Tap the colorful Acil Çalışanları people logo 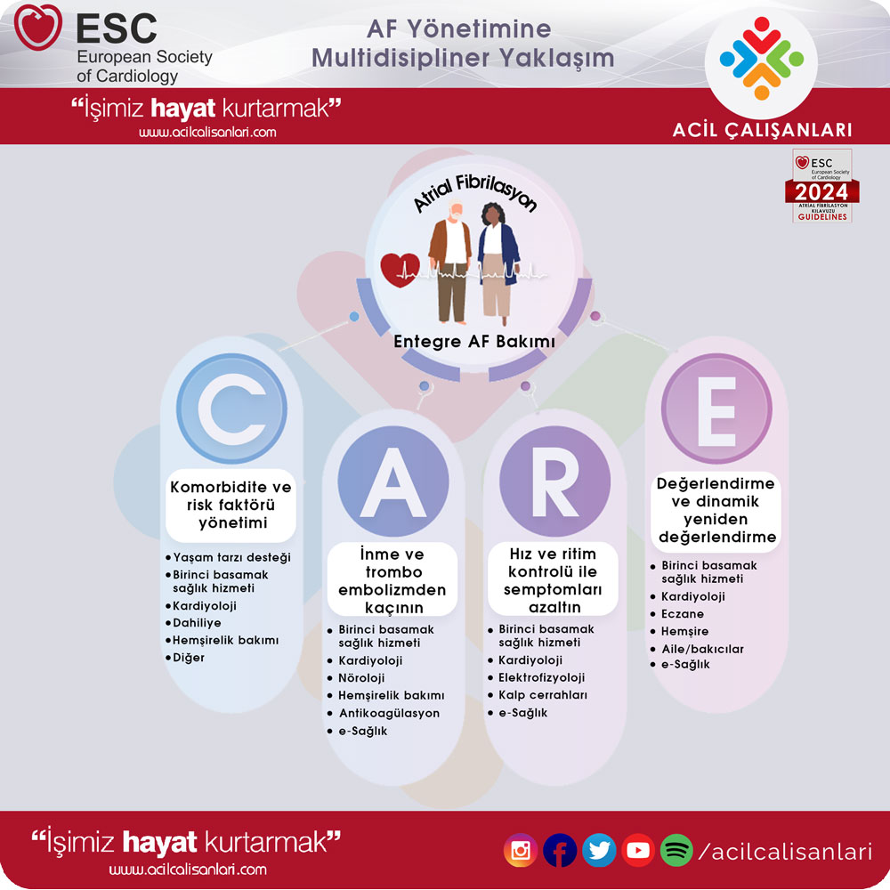point(761,59)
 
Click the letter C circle point(231,409)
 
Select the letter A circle point(392,481)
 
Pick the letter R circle point(554,481)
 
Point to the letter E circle point(716,409)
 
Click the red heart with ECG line point(400,270)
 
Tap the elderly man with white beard point(451,262)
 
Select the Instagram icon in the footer point(520,850)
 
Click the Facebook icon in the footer point(560,850)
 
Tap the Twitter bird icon point(599,850)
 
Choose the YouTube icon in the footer point(638,850)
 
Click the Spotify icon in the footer point(676,850)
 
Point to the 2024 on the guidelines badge point(821,192)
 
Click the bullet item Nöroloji point(361,677)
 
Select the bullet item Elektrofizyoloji point(541,677)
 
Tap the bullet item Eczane point(683,613)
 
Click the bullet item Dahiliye point(197,623)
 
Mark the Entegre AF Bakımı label point(474,341)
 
